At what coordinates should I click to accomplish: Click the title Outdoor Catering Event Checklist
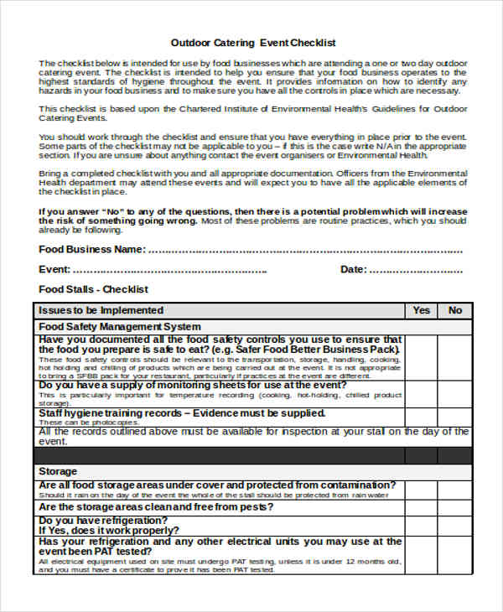pyautogui.click(x=253, y=42)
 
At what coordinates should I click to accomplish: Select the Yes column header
pyautogui.click(x=422, y=310)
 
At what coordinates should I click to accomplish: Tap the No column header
pyautogui.click(x=455, y=310)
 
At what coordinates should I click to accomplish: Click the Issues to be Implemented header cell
pyautogui.click(x=101, y=310)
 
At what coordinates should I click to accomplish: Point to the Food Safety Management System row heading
pyautogui.click(x=120, y=326)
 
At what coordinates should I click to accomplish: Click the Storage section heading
pyautogui.click(x=58, y=471)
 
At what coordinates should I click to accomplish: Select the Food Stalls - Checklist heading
pyautogui.click(x=93, y=289)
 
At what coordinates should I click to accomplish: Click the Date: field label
pyautogui.click(x=353, y=270)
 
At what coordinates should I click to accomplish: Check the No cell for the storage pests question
pyautogui.click(x=455, y=507)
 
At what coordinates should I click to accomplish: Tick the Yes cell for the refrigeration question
pyautogui.click(x=422, y=526)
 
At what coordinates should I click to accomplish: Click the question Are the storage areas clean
pyautogui.click(x=156, y=507)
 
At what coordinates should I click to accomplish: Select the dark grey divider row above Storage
pyautogui.click(x=251, y=455)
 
